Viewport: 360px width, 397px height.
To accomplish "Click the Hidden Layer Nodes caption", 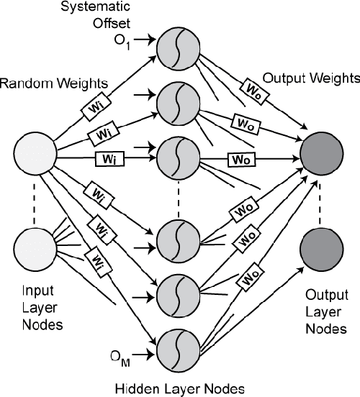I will tap(180, 386).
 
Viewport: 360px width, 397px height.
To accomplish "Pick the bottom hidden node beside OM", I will tap(176, 350).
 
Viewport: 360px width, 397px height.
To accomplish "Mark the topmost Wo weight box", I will tap(244, 88).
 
